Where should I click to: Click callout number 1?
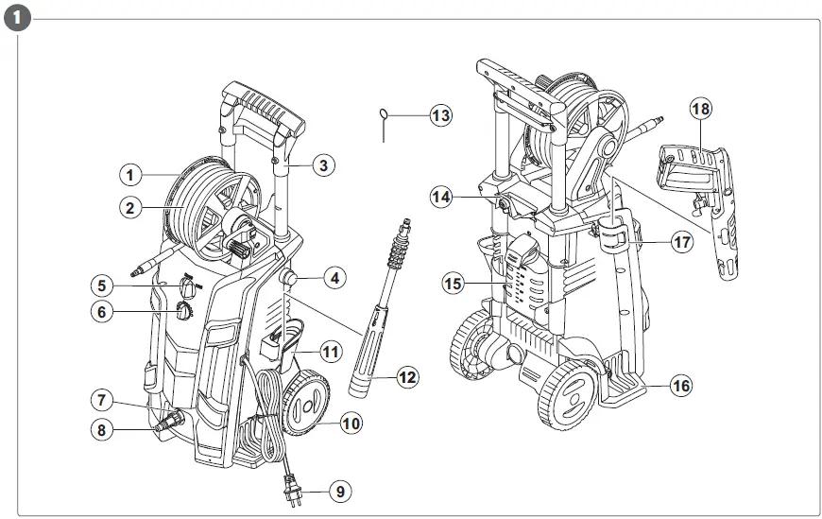130,174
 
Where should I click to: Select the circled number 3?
322,165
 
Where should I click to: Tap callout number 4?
334,279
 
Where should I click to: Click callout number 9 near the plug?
341,491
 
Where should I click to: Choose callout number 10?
351,424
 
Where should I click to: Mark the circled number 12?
407,377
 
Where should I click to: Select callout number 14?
440,197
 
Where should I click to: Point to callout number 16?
681,385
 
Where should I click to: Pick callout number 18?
700,110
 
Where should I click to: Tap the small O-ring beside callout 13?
384,115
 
